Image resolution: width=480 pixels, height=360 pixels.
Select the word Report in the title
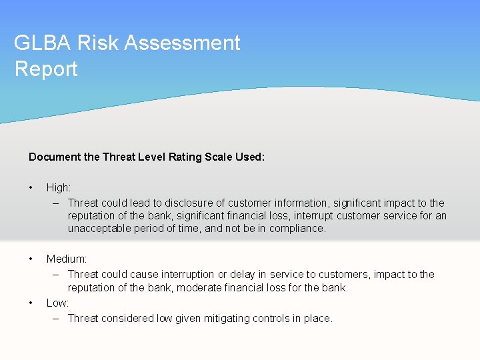(46, 69)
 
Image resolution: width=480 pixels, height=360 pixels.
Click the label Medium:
(67, 259)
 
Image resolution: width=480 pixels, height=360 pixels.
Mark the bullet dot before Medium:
(31, 259)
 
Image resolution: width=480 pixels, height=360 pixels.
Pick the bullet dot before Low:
(31, 303)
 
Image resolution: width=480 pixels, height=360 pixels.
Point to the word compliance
(297, 228)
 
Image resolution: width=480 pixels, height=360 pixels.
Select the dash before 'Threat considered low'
(57, 318)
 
